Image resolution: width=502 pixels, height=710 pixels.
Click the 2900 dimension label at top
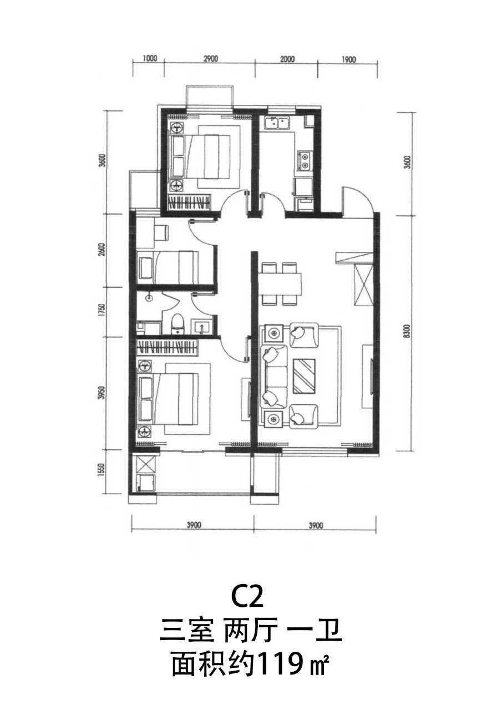[211, 59]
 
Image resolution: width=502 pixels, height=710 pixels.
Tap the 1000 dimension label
[150, 59]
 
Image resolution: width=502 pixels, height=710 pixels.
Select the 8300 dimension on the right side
[408, 332]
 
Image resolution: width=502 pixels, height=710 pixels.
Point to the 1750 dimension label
[102, 311]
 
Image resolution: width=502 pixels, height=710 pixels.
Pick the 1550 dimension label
[102, 471]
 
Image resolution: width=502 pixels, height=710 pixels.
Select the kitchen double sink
[277, 123]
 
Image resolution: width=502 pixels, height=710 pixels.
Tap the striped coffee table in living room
[304, 376]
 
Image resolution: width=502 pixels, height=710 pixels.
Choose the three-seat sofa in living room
[273, 377]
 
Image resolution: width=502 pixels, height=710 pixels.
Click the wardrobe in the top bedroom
[189, 201]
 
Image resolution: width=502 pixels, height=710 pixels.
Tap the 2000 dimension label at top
[287, 59]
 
